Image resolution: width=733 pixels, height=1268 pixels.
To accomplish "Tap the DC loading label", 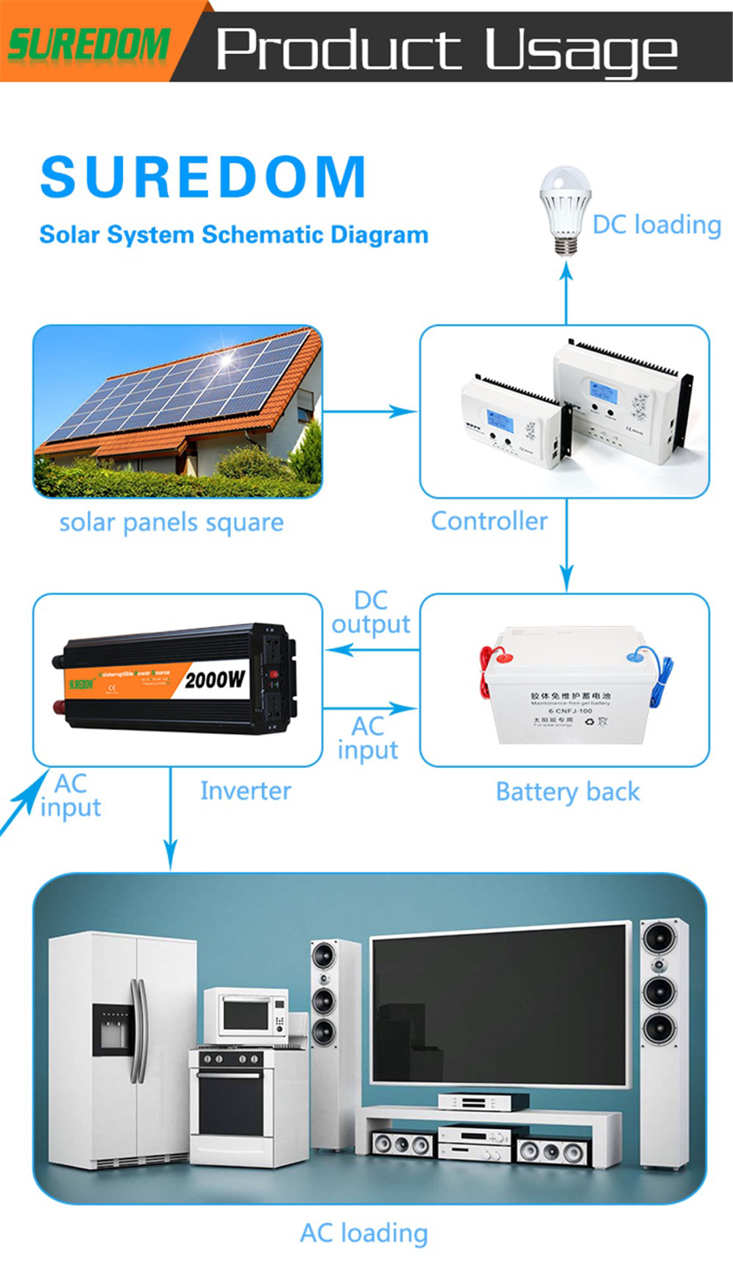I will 657,224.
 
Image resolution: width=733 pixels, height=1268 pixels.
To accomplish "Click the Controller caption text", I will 489,521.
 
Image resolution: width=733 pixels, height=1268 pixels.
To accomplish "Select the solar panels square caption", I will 171,522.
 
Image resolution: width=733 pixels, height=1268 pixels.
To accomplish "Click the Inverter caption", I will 245,790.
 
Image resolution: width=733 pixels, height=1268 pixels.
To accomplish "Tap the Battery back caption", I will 567,792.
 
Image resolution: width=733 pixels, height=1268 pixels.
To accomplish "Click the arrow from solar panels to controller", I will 370,411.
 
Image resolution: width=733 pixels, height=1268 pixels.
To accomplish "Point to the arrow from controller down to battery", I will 567,558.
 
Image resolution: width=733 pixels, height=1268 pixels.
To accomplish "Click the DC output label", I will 371,613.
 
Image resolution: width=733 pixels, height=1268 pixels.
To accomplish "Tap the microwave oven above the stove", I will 246,1015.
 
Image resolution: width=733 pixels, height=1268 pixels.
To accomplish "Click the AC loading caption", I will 364,1233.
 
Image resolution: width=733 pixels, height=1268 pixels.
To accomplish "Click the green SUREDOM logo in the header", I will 89,43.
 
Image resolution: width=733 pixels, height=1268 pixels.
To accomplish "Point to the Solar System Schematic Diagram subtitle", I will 234,236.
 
